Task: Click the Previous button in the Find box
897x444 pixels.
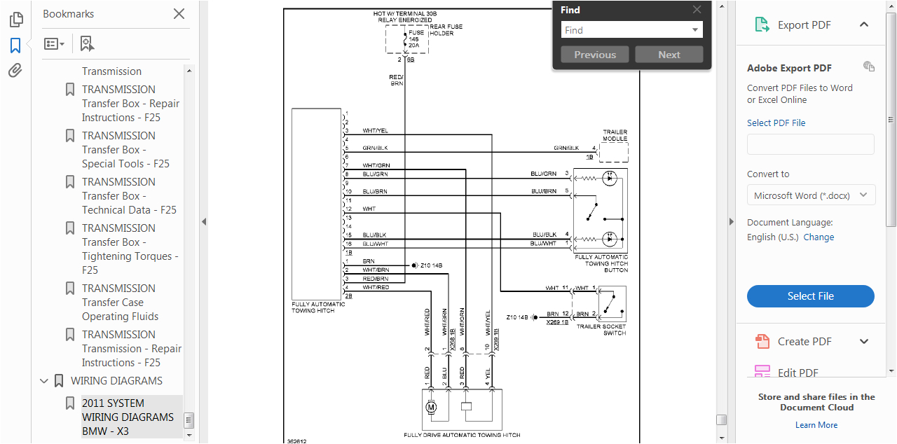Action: click(x=595, y=55)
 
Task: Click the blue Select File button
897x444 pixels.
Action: click(x=810, y=296)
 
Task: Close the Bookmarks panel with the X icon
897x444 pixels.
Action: click(x=179, y=14)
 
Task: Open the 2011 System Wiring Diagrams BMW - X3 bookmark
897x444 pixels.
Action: click(x=128, y=417)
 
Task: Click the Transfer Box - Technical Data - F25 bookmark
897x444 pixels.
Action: click(x=129, y=196)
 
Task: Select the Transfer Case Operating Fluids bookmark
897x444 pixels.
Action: click(x=120, y=303)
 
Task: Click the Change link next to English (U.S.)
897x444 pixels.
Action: click(x=819, y=237)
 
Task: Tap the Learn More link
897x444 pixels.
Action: click(x=816, y=425)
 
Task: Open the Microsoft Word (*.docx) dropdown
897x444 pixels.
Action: click(x=811, y=195)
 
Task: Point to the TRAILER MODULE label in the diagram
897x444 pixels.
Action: click(x=615, y=135)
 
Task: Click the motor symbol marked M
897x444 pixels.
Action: click(x=431, y=407)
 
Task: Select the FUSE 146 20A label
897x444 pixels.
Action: click(x=416, y=39)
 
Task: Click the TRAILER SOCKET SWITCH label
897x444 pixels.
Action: click(x=601, y=330)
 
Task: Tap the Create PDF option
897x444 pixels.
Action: click(x=804, y=342)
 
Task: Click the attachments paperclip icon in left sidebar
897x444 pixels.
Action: click(x=15, y=71)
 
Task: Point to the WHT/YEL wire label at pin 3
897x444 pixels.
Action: click(x=375, y=131)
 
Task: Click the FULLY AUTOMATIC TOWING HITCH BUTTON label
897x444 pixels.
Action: click(x=601, y=263)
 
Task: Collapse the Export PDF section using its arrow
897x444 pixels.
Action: click(x=864, y=25)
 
